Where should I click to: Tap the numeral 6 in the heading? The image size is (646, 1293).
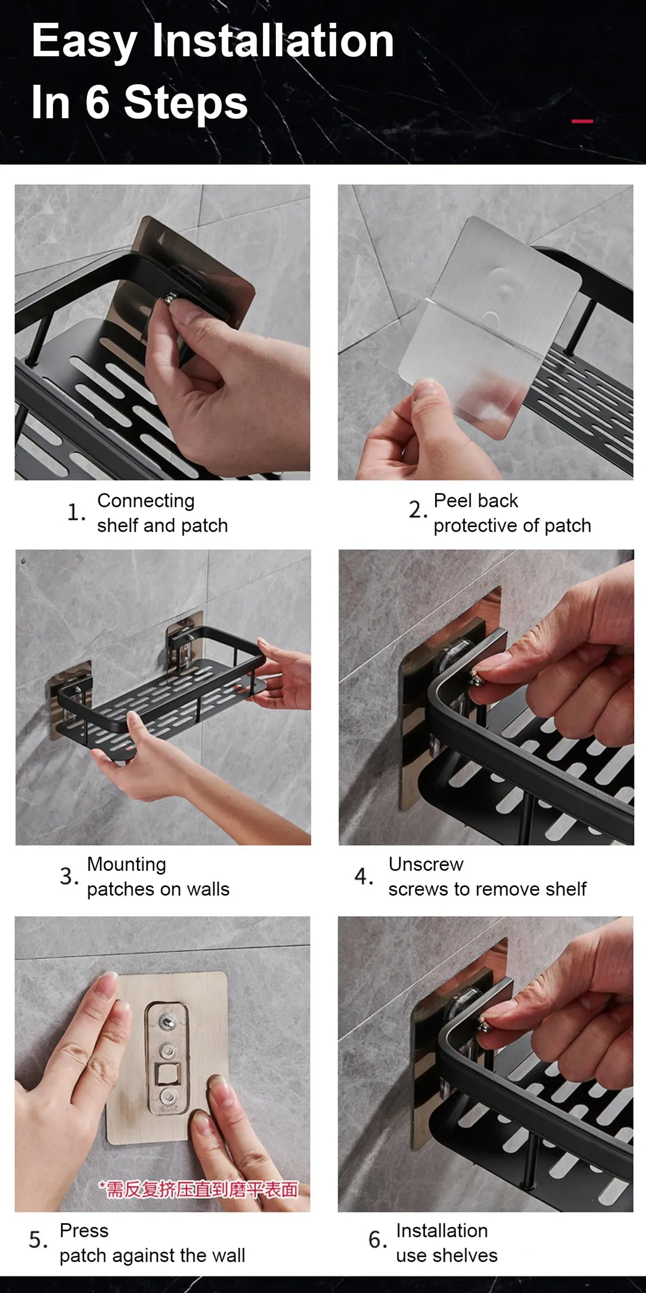tap(97, 102)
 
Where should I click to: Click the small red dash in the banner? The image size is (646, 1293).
tap(582, 121)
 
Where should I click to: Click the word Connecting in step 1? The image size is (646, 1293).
tap(145, 501)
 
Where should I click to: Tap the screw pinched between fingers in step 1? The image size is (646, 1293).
tap(170, 300)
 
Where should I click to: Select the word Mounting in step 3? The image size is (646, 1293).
tap(126, 864)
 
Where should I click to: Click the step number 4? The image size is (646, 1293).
tap(363, 876)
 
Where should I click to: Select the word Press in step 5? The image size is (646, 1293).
tap(84, 1231)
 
